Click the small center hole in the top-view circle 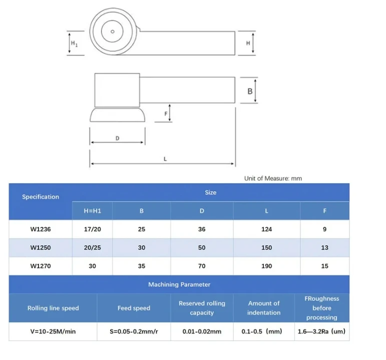[113, 32]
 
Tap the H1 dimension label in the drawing [74, 44]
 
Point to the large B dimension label [250, 91]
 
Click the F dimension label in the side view [166, 114]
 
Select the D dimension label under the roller [117, 138]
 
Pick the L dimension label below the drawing [165, 159]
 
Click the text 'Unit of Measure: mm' [273, 178]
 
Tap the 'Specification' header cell [41, 197]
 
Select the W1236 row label [41, 229]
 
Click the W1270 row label [41, 266]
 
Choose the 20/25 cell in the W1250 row [92, 247]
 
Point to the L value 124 [266, 229]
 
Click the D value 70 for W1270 [202, 266]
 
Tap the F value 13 [324, 247]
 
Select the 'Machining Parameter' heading [179, 284]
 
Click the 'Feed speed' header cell [134, 308]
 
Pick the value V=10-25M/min [53, 331]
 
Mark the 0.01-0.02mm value [202, 331]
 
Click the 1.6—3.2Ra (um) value [321, 331]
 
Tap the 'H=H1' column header [92, 211]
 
